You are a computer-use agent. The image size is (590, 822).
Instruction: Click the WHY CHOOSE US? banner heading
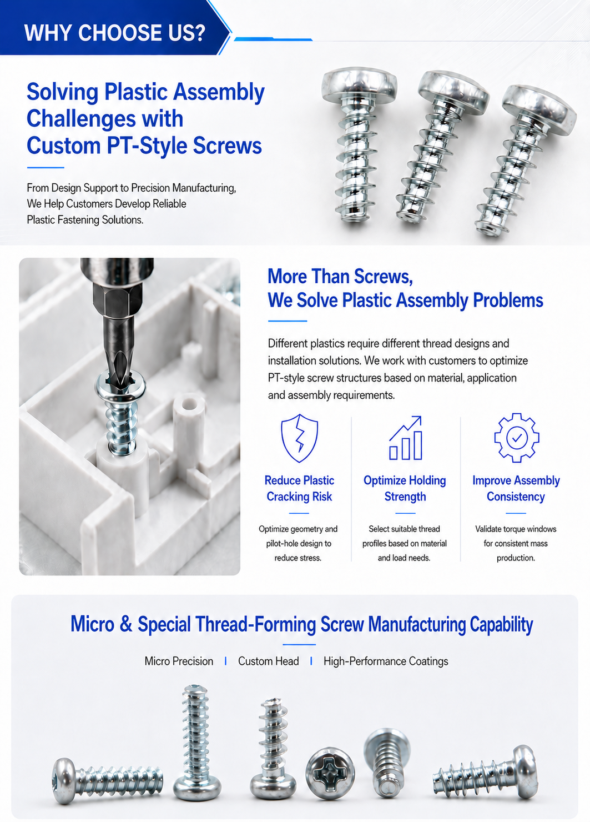coord(114,33)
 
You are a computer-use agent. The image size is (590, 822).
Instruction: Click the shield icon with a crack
coord(299,438)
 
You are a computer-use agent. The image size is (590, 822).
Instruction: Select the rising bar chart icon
coord(406,438)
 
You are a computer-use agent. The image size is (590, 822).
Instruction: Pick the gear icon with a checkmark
coord(516,438)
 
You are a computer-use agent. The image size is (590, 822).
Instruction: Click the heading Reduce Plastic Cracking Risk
coord(299,488)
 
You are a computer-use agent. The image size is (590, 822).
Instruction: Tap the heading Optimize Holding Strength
coord(405,488)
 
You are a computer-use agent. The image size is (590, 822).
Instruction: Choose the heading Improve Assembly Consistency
coord(516,488)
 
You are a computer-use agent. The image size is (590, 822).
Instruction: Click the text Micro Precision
coord(179,661)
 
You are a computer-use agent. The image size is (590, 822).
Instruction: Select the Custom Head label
coord(269,661)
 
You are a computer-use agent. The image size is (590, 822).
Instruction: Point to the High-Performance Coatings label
coord(386,661)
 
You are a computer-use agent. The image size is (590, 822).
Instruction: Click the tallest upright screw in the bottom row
coord(196,742)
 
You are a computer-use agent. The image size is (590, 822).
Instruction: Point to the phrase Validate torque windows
coord(516,529)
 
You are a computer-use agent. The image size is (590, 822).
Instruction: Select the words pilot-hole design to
coord(299,544)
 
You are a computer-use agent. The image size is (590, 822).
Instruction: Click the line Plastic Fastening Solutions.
coord(85,220)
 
